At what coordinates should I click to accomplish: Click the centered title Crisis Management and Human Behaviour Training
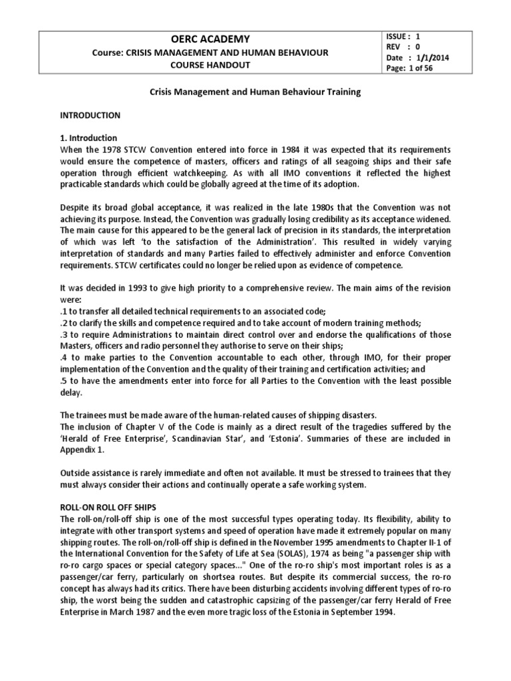(x=255, y=92)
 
